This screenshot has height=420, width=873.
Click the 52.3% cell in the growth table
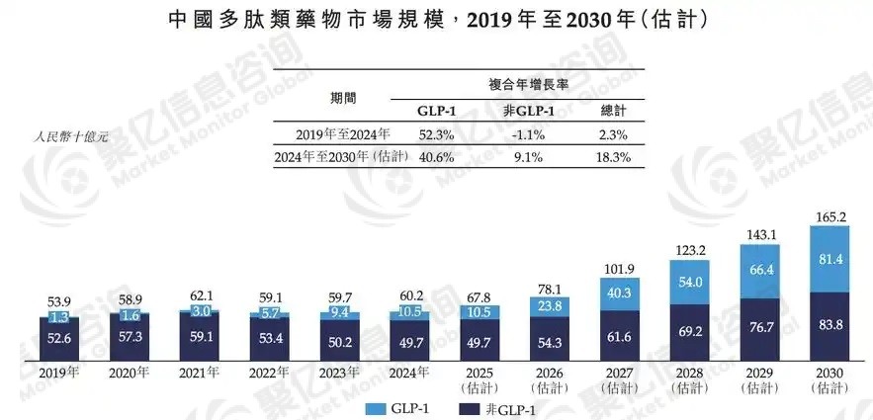coord(429,135)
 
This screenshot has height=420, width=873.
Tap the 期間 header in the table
coord(343,98)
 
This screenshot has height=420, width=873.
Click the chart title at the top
coord(436,20)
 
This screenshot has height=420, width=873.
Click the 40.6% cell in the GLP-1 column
coord(429,157)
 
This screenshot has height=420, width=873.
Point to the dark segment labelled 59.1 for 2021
coord(200,334)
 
